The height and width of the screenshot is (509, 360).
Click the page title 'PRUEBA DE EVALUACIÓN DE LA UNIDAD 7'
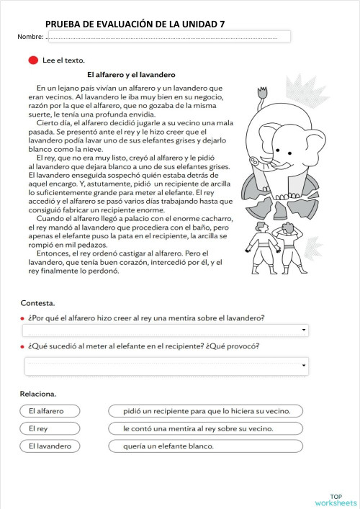135,24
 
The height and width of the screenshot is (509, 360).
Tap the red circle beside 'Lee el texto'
32,60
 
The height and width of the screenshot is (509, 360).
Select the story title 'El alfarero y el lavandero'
131,74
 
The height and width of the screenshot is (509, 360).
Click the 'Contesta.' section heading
37,303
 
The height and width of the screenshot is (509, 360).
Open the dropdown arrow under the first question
305,330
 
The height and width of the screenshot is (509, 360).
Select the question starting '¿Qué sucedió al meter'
144,346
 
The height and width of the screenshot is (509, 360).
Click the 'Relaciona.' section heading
38,394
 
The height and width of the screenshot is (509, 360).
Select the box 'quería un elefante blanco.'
205,446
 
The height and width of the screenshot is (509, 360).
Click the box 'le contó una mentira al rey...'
205,428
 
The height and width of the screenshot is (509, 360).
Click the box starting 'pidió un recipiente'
205,411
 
